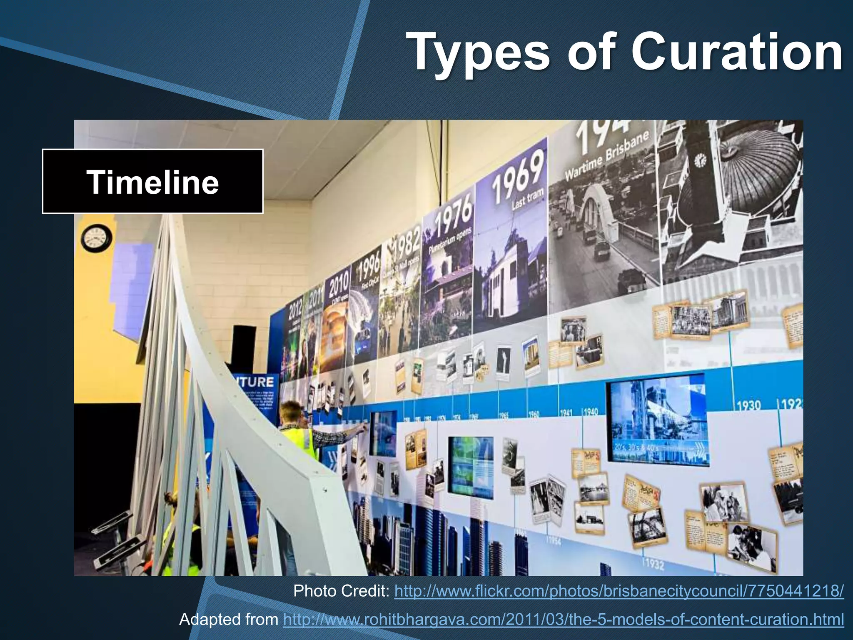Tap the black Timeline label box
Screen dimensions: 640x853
152,182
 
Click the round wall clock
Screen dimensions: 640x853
96,238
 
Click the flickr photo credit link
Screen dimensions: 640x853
619,591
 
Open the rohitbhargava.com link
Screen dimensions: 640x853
563,620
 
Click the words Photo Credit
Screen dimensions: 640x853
341,591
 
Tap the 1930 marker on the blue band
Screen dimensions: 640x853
748,405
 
